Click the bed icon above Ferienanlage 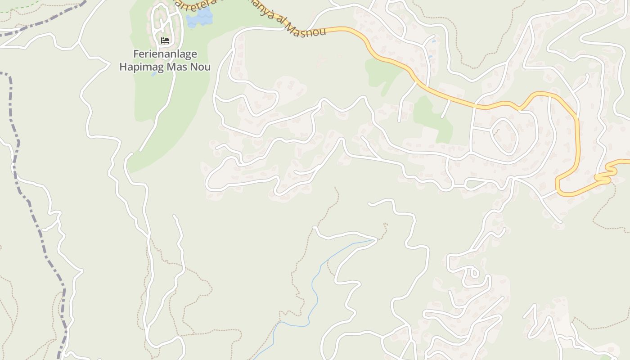click(x=165, y=40)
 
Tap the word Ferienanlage click(x=165, y=54)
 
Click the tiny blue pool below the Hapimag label click(x=154, y=74)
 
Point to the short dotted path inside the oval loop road click(x=497, y=132)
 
